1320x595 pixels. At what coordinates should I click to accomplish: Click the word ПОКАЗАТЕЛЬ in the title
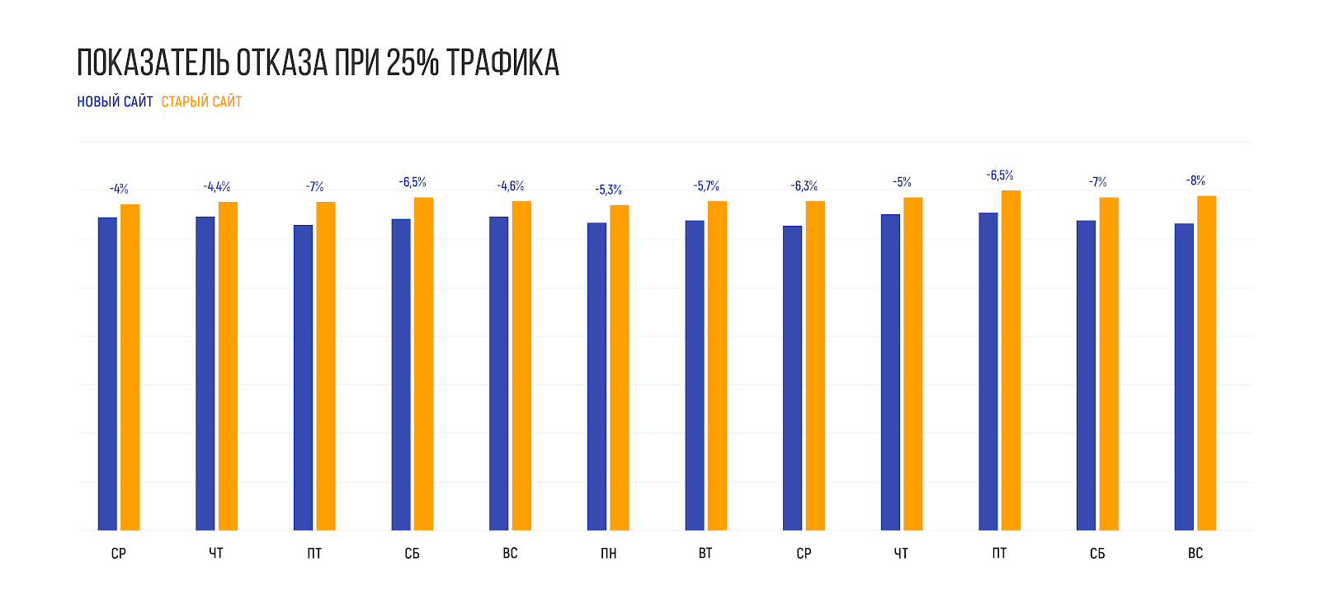coord(153,63)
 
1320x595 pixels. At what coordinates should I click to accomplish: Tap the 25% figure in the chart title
coord(412,63)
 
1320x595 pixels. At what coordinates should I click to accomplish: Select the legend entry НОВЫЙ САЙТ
coord(115,101)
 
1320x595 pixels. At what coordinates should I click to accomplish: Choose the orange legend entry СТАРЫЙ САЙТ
coord(201,101)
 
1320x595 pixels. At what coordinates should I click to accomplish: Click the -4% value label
coord(119,190)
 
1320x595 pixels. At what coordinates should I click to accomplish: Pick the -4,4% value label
coord(217,187)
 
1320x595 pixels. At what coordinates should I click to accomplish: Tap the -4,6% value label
coord(511,186)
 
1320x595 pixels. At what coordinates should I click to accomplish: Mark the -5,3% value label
coord(609,190)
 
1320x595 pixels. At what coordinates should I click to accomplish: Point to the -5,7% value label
coord(706,186)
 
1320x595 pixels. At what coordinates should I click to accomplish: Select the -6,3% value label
coord(804,186)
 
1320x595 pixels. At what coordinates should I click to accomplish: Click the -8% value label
coord(1195,180)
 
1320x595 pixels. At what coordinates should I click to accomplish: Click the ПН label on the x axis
coord(608,553)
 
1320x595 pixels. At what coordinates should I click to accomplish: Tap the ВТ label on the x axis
coord(705,553)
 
